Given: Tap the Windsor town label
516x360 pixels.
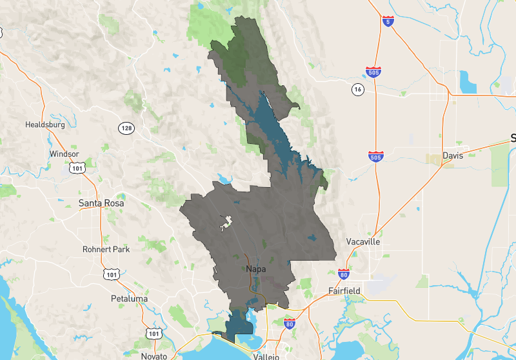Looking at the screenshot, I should (64, 154).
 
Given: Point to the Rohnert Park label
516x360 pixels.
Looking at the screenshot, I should (106, 249).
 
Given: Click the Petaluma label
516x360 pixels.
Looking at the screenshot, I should (128, 299).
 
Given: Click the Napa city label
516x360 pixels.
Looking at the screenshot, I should (256, 269).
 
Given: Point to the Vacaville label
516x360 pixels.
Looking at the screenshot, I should (362, 241).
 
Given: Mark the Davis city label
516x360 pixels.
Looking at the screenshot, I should (453, 155).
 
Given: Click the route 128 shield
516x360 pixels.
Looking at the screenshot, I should (126, 128).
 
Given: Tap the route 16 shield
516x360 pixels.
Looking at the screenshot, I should (358, 90).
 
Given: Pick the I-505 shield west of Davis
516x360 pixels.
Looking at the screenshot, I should (375, 156).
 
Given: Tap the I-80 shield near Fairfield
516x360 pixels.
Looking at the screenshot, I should (343, 274).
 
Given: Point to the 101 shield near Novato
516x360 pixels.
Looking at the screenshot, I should (154, 333).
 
